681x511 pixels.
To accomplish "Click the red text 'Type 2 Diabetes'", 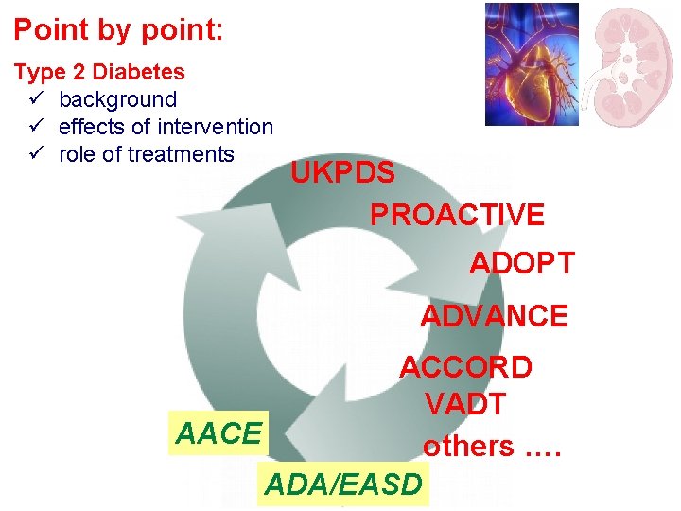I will [x=99, y=72].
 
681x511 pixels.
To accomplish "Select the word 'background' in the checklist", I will [x=117, y=99].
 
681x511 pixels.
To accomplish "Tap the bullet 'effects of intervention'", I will [x=166, y=127].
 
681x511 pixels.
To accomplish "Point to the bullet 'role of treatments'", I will [x=146, y=154].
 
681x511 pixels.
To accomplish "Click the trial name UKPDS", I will [x=342, y=174].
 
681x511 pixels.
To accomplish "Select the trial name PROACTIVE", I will [x=457, y=215].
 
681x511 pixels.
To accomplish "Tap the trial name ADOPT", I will [x=522, y=263].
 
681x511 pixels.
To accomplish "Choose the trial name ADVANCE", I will [x=494, y=315].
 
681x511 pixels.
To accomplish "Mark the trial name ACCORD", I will [x=465, y=367].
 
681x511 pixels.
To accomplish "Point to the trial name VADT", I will [x=464, y=405].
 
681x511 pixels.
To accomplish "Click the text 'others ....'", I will [x=492, y=445].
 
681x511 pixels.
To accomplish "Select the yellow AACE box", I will [x=218, y=433].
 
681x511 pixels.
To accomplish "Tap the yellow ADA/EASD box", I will [x=342, y=485].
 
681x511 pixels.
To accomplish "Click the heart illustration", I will [x=531, y=64].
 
